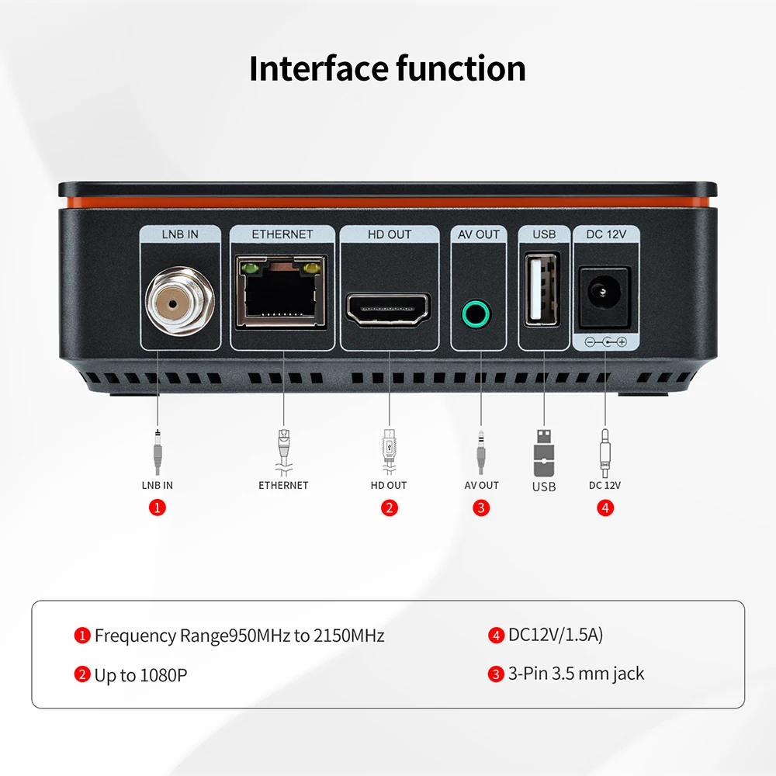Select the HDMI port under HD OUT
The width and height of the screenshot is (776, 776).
click(x=389, y=309)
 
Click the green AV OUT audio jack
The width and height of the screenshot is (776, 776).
click(x=476, y=314)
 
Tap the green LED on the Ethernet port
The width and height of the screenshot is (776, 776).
click(x=249, y=269)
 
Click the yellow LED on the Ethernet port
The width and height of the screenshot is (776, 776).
click(x=313, y=269)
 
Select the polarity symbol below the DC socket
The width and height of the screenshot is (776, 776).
click(x=605, y=341)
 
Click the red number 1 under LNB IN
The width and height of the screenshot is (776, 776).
click(x=158, y=508)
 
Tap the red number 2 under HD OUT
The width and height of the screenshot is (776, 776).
click(x=389, y=508)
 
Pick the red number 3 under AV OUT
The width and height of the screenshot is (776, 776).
click(x=481, y=508)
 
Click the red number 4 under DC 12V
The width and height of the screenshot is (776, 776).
click(x=605, y=508)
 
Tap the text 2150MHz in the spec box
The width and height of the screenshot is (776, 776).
click(x=349, y=636)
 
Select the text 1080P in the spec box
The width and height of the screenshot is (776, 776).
click(x=163, y=675)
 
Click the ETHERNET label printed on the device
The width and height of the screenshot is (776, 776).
click(x=282, y=234)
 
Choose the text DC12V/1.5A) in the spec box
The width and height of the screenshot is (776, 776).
click(x=556, y=635)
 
